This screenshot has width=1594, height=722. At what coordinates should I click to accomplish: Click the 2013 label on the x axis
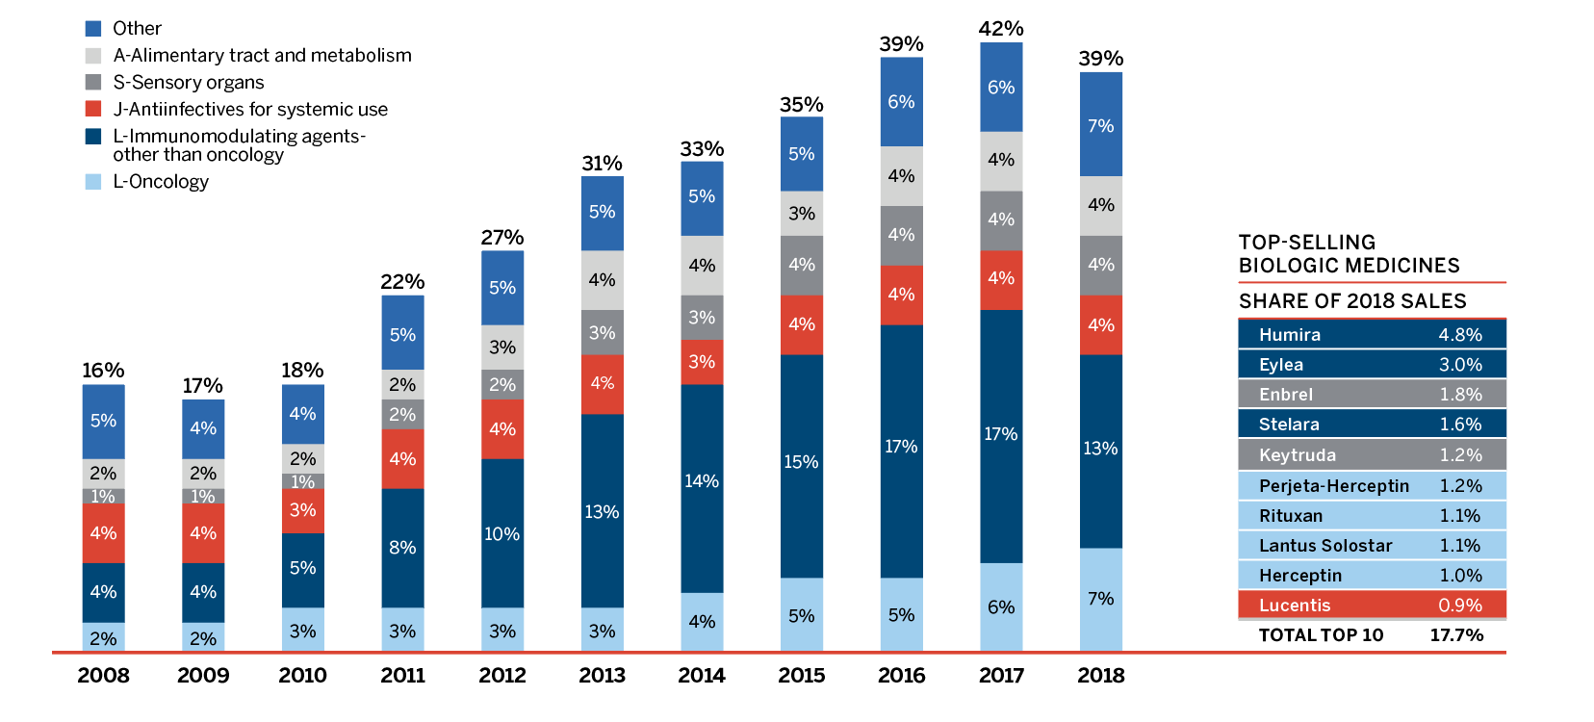pos(602,676)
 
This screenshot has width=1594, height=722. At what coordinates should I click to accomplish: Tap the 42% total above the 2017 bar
pos(1001,29)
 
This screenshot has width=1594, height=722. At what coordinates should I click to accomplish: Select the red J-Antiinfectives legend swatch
pos(93,109)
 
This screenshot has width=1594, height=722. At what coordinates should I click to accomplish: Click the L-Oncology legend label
pos(161,182)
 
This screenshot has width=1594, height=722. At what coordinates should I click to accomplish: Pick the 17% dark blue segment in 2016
pos(901,447)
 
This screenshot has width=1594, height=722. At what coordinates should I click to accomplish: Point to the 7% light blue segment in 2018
pos(1100,599)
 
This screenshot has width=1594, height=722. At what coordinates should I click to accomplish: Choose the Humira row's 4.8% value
pos(1460,335)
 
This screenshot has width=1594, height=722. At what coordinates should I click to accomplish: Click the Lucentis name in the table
pos(1295,606)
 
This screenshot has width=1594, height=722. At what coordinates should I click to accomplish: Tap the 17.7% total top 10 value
pos(1456,635)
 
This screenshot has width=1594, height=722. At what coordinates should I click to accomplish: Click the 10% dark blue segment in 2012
pos(502,534)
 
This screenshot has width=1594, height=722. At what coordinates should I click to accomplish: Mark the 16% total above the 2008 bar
pos(103,371)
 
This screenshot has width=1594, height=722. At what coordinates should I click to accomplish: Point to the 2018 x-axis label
pos(1101,676)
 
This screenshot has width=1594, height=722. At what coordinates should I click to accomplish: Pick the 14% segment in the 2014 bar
pos(702,481)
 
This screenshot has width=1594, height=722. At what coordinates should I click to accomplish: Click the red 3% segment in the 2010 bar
pos(302,510)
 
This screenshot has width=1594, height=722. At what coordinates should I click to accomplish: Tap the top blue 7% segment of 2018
pos(1100,126)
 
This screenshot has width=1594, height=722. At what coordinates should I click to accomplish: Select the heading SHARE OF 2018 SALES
pos(1352,301)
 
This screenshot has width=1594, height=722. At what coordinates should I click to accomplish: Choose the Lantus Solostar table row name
pos(1325,546)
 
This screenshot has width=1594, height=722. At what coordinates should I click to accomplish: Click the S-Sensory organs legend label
pos(189,83)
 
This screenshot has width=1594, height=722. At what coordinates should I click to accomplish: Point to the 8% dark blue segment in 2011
pos(402,548)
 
